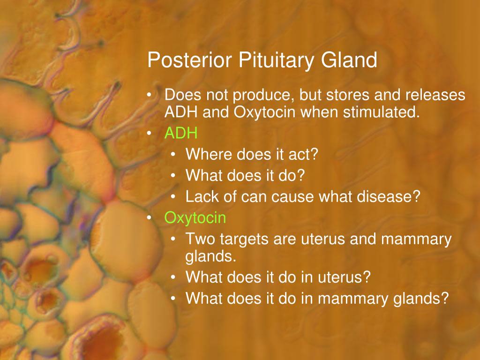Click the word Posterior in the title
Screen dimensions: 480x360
(x=189, y=60)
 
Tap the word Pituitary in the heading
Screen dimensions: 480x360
(x=276, y=60)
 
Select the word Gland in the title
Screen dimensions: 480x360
(x=349, y=60)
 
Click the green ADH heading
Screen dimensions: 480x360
(x=181, y=133)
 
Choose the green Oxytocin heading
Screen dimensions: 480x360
(x=195, y=218)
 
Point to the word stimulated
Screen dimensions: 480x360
(x=381, y=112)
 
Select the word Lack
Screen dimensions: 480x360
(x=202, y=196)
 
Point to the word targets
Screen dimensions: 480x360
(x=242, y=240)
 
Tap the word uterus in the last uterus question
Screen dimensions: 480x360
(x=344, y=277)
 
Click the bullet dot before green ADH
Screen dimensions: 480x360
(x=149, y=133)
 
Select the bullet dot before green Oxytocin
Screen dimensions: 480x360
(x=149, y=217)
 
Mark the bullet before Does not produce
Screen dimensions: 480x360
(x=149, y=95)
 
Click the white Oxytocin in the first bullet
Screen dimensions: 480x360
(x=265, y=112)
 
